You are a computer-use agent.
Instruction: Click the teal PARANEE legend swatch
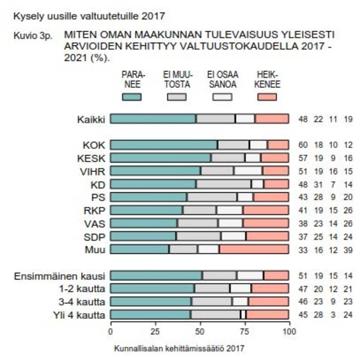tap(131, 97)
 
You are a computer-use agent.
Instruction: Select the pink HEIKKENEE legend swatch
tap(267, 97)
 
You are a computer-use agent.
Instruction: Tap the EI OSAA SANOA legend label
tap(222, 80)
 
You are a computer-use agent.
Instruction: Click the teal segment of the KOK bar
tap(164, 145)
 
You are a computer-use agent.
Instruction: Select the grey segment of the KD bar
tap(224, 184)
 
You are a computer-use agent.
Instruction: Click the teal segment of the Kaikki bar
tap(153, 119)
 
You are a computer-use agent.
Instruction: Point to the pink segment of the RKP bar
tap(265, 210)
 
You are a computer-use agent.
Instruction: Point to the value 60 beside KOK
tap(303, 145)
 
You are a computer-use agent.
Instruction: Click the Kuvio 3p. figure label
tap(33, 36)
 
